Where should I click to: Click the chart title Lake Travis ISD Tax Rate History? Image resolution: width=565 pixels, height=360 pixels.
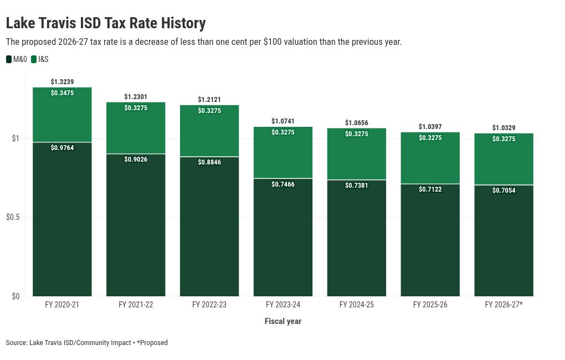click(x=106, y=23)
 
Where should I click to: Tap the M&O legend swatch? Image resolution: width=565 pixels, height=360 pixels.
click(x=9, y=59)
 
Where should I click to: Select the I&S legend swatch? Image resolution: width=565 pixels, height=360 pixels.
click(x=34, y=59)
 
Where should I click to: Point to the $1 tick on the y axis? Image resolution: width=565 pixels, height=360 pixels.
click(x=16, y=138)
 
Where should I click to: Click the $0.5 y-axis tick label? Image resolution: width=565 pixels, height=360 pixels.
click(x=13, y=217)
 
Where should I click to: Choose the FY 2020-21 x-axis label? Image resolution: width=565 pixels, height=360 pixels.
click(x=62, y=305)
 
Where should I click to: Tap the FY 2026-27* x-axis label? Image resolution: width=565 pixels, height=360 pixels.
click(x=504, y=305)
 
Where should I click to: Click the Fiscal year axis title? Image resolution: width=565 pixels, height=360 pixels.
click(x=283, y=321)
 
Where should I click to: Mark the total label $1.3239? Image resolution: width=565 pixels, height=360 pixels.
click(x=62, y=82)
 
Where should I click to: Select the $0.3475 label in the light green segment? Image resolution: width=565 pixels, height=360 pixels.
click(x=62, y=93)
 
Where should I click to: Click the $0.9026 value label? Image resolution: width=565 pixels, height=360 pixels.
click(x=136, y=160)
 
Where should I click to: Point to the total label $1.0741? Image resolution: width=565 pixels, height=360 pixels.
click(x=283, y=121)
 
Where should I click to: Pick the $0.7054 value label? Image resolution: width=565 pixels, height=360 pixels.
click(x=504, y=191)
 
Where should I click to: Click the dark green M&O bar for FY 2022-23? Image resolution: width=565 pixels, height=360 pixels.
click(x=209, y=227)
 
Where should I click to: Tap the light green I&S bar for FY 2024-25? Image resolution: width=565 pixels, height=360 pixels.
click(x=357, y=154)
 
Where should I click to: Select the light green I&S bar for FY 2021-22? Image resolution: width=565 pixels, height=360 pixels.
click(x=136, y=128)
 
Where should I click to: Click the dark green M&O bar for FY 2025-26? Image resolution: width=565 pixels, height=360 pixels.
click(x=430, y=240)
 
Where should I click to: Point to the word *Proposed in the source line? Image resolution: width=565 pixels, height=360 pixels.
click(x=152, y=343)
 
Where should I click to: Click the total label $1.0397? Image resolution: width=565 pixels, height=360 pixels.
click(x=430, y=126)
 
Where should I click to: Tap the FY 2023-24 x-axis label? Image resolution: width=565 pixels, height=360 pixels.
click(x=283, y=305)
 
